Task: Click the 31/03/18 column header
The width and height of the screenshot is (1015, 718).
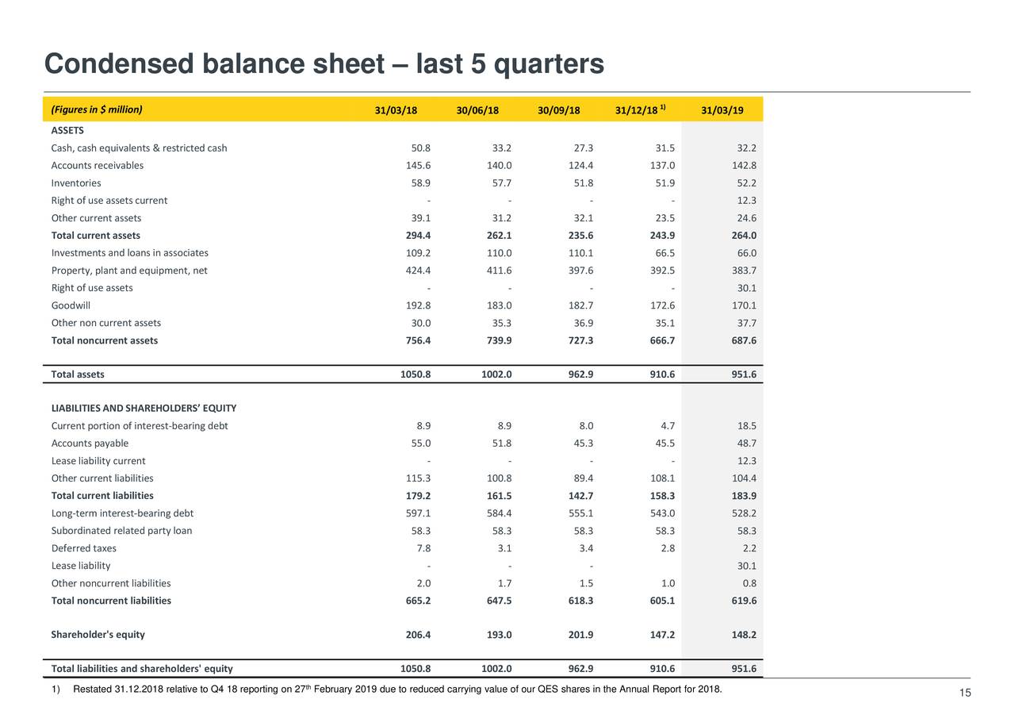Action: coord(396,110)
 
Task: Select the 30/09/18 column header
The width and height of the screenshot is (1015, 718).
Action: coord(558,110)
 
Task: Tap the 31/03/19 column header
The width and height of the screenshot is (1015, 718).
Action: coord(722,110)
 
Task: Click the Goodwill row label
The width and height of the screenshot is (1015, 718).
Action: coord(71,305)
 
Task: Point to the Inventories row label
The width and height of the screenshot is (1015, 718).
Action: coord(76,183)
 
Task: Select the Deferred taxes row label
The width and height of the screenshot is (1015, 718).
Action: coord(83,549)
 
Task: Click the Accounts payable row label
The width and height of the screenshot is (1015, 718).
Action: coord(90,443)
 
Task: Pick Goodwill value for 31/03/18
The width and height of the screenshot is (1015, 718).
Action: coord(417,305)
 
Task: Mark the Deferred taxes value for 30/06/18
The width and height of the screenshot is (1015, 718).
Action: coord(503,549)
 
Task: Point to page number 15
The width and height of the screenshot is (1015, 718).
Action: coord(965,694)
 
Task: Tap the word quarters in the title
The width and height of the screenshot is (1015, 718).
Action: coord(549,63)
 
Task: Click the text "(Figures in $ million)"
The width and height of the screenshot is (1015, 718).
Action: coord(97,109)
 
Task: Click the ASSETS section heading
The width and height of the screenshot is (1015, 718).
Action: coord(67,131)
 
